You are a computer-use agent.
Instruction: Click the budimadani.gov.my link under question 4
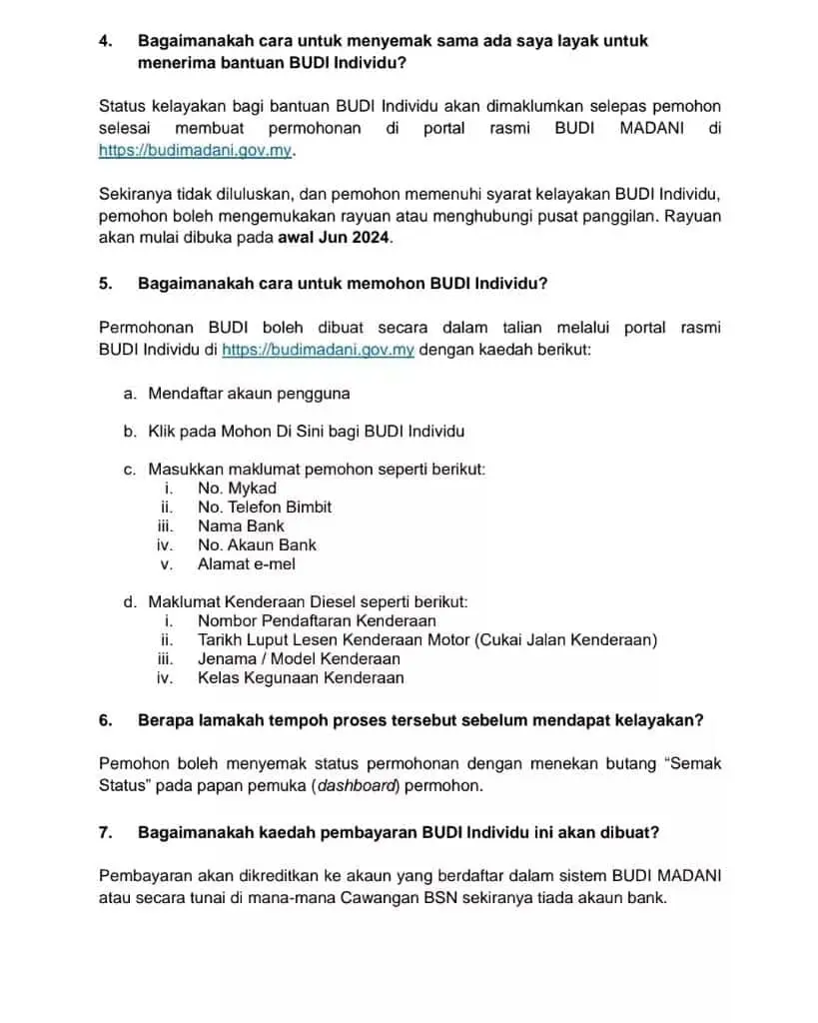click(x=197, y=151)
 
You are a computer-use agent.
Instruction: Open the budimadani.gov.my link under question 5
click(x=317, y=351)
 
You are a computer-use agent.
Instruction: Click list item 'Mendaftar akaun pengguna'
click(x=249, y=394)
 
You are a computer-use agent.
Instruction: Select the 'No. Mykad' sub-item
click(x=237, y=489)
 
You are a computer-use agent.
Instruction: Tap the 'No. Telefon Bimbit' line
click(x=265, y=508)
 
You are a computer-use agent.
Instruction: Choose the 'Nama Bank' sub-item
click(x=241, y=526)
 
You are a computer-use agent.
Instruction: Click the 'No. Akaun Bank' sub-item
click(x=257, y=545)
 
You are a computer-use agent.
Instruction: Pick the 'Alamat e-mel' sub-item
click(x=246, y=564)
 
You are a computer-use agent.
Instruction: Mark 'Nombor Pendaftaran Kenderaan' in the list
click(x=316, y=621)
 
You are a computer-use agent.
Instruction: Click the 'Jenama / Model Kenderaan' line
click(x=299, y=659)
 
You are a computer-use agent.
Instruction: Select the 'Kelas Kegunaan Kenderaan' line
click(x=301, y=678)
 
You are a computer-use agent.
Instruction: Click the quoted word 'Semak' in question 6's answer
click(x=694, y=764)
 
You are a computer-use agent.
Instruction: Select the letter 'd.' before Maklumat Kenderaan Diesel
click(x=130, y=602)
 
